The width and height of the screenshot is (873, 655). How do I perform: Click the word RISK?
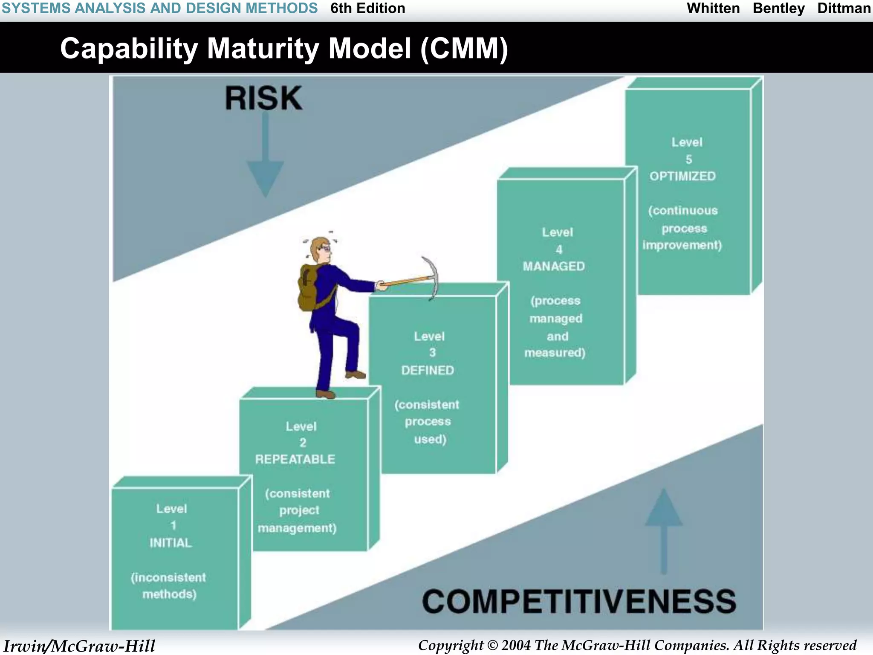pos(263,99)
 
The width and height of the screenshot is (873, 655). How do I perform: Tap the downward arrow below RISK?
pos(265,171)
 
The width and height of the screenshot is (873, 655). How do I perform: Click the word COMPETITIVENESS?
pos(579,602)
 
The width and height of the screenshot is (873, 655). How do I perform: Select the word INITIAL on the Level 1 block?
pos(171,543)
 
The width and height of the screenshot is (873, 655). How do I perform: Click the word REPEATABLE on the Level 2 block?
pos(295,459)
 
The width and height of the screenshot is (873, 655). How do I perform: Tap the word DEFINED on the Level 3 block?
pos(428,370)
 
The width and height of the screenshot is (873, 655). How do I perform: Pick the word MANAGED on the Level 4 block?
pos(554,267)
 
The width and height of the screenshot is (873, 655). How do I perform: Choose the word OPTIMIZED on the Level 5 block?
pos(682,176)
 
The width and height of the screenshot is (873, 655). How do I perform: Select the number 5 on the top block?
pos(689,159)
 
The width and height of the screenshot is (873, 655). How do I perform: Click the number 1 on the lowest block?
pos(173,525)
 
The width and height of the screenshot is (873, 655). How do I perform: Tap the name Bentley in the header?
pos(778,9)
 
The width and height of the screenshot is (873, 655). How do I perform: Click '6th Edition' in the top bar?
pos(367,9)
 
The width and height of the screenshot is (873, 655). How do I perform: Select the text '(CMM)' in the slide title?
pos(464,48)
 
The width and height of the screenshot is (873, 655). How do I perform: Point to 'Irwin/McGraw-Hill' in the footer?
pos(79,646)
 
